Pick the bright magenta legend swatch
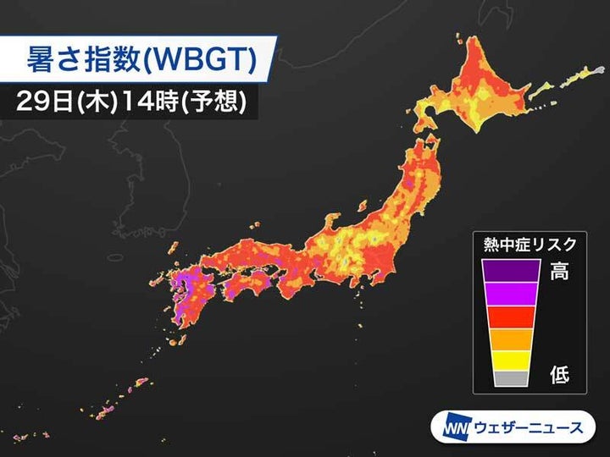(511, 292)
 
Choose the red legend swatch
(511, 316)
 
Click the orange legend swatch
(511, 338)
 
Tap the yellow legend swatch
(511, 359)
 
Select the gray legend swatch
(511, 378)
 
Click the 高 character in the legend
(560, 273)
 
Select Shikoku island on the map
(254, 288)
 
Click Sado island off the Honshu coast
(362, 206)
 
